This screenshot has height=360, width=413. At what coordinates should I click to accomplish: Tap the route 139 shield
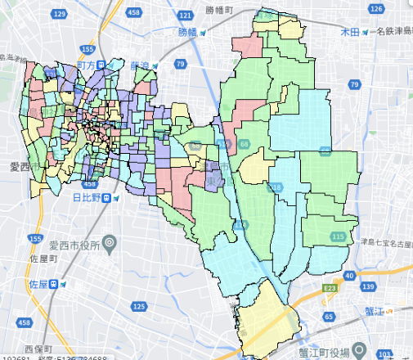(x=370, y=285)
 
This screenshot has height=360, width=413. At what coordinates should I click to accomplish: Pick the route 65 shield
(x=329, y=315)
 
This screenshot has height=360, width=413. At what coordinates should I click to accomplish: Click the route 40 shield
(x=349, y=277)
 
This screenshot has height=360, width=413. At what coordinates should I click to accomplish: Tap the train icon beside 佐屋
(x=55, y=284)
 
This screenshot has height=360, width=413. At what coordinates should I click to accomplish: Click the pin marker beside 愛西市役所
(x=114, y=243)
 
